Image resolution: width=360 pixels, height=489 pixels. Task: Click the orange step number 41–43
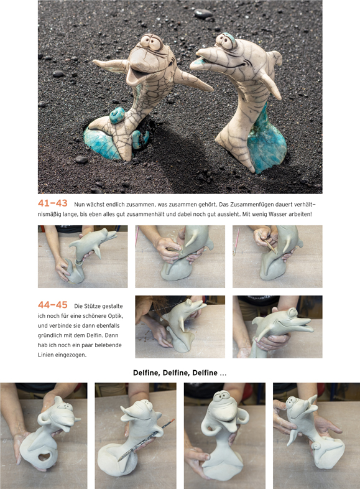coord(52,203)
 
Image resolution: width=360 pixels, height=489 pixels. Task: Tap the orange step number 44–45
coord(52,305)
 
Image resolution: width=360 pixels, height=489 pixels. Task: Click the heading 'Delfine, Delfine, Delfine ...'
coord(180,373)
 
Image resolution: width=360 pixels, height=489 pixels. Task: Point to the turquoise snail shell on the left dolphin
coord(117,115)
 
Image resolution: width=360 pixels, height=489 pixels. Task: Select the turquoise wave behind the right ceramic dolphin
coord(267,141)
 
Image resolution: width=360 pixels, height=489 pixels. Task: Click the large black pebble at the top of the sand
coord(203,14)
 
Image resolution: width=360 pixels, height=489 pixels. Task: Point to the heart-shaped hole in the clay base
coord(45,457)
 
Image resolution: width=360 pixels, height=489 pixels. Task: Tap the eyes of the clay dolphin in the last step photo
coord(293,312)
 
